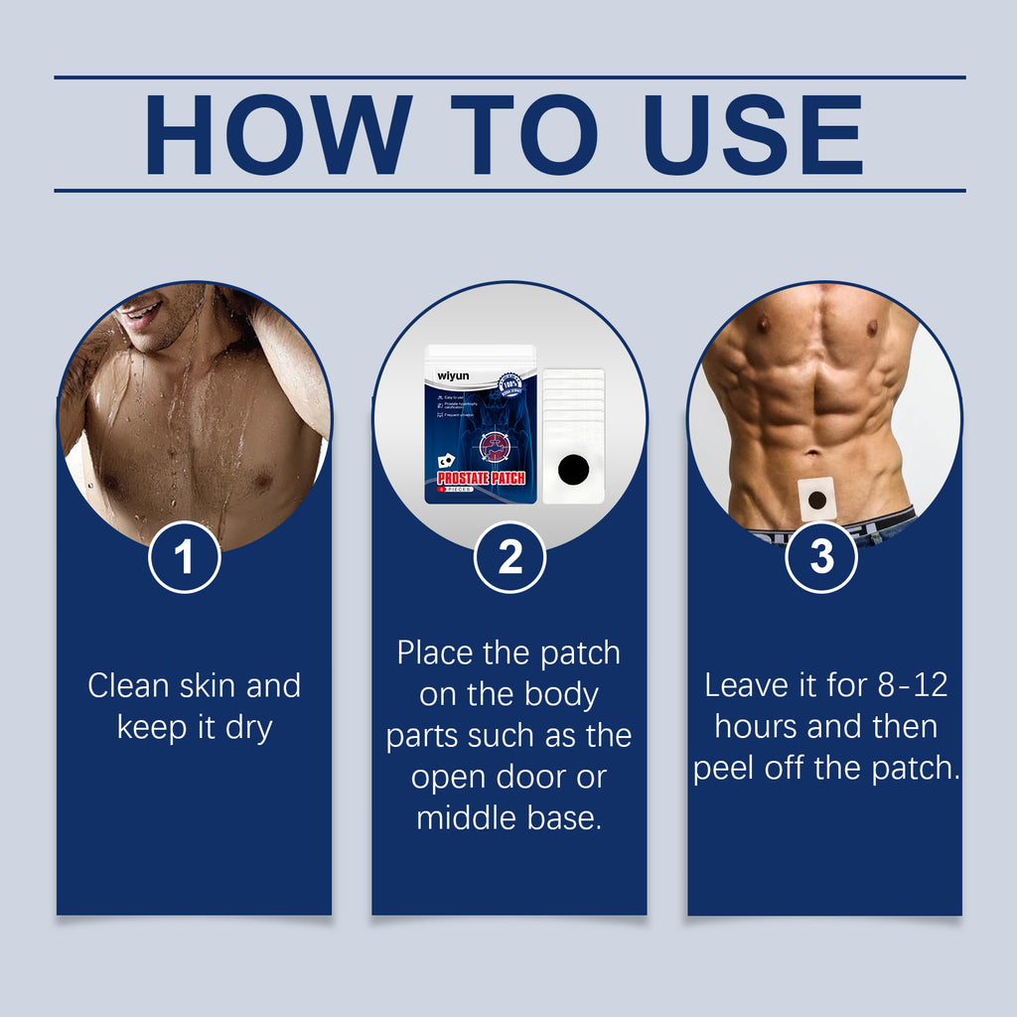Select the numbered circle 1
pos(184,557)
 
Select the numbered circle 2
pos(509,557)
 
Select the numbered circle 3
pos(822,557)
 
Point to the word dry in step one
pos(248,728)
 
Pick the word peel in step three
pos(725,770)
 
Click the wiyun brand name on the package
pos(453,377)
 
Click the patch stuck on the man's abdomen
pos(817,499)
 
